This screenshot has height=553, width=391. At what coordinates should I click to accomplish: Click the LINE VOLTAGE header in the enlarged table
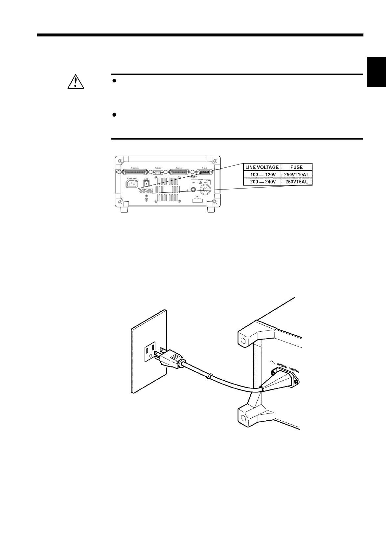point(262,167)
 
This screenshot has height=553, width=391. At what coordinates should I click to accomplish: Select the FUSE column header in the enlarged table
point(296,167)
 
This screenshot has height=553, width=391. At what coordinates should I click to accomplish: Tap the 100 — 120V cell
point(262,174)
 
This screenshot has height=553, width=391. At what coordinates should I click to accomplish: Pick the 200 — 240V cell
point(262,182)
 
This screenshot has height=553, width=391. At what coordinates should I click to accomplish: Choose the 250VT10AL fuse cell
point(296,174)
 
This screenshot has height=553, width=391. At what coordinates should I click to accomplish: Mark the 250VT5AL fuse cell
point(296,182)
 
